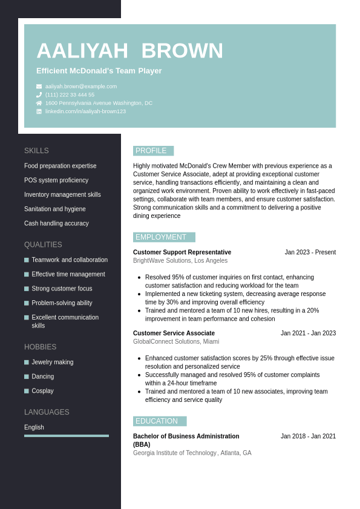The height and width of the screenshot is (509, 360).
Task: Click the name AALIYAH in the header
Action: pos(82,51)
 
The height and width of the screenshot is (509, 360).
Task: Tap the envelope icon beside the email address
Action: pos(39,87)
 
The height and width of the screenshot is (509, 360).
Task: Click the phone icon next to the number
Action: pos(39,95)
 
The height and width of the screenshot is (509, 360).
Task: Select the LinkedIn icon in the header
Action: pos(39,111)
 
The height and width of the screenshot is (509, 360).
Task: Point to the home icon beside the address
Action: pos(39,103)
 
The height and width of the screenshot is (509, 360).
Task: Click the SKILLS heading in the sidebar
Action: pos(36,151)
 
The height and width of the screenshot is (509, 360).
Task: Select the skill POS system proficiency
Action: pos(56,180)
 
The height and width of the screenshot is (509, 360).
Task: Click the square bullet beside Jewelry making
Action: pos(27,363)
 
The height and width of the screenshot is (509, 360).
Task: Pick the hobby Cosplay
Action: pos(42,391)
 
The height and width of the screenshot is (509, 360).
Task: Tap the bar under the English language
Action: pos(67,436)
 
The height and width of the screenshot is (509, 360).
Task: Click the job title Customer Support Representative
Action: pos(182,252)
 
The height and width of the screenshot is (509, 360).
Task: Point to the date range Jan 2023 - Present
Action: pos(310,252)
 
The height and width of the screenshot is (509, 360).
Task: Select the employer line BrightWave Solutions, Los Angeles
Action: pos(180,261)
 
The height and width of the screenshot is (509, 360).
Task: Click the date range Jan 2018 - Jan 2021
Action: pos(308,436)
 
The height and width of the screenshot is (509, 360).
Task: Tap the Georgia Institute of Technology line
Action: pos(192,453)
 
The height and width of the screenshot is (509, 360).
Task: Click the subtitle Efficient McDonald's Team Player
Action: pos(99,71)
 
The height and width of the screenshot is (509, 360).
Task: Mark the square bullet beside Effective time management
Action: pos(27,275)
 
